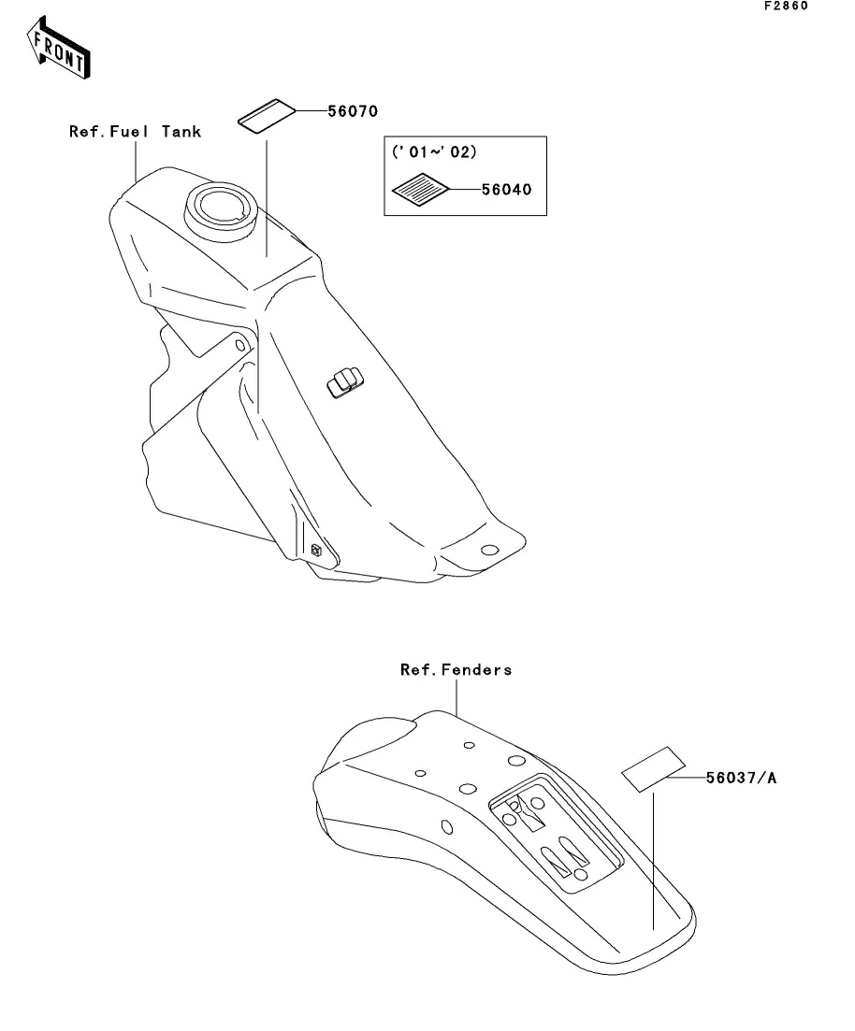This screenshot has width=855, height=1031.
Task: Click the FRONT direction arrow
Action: pyautogui.click(x=59, y=48)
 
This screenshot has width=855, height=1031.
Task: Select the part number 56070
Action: pyautogui.click(x=353, y=111)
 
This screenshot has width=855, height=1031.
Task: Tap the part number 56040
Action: pyautogui.click(x=506, y=190)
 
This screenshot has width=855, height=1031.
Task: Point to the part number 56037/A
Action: pyautogui.click(x=741, y=778)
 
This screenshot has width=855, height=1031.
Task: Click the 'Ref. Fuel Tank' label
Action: pyautogui.click(x=135, y=132)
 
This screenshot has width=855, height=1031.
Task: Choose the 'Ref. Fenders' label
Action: pyautogui.click(x=456, y=669)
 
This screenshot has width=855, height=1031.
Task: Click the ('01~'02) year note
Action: pyautogui.click(x=434, y=151)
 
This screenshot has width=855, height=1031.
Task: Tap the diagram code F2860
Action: pyautogui.click(x=786, y=6)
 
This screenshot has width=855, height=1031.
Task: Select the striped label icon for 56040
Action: pyautogui.click(x=420, y=190)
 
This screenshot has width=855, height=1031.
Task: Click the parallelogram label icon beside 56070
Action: pyautogui.click(x=267, y=117)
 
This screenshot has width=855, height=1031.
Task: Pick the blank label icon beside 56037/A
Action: pyautogui.click(x=654, y=769)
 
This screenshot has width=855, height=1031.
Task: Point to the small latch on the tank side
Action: pyautogui.click(x=345, y=383)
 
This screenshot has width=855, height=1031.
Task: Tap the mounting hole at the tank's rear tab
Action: pyautogui.click(x=489, y=550)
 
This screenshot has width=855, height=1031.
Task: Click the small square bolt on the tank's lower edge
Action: pyautogui.click(x=316, y=550)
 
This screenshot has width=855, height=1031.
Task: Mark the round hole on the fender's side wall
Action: pyautogui.click(x=447, y=826)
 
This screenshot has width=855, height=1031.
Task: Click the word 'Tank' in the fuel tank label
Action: pyautogui.click(x=181, y=132)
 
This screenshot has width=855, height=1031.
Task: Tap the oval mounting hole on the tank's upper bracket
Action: pyautogui.click(x=241, y=345)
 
